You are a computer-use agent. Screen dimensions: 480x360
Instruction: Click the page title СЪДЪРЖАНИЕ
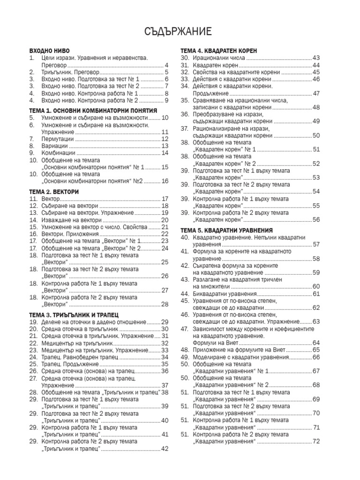tap(180, 31)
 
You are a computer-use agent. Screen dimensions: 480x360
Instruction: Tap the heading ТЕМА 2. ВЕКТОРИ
tap(54, 192)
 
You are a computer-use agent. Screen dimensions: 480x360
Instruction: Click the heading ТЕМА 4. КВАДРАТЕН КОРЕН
tap(219, 50)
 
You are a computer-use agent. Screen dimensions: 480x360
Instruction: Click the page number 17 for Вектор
tap(165, 199)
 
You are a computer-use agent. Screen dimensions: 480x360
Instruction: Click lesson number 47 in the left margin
tap(185, 329)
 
